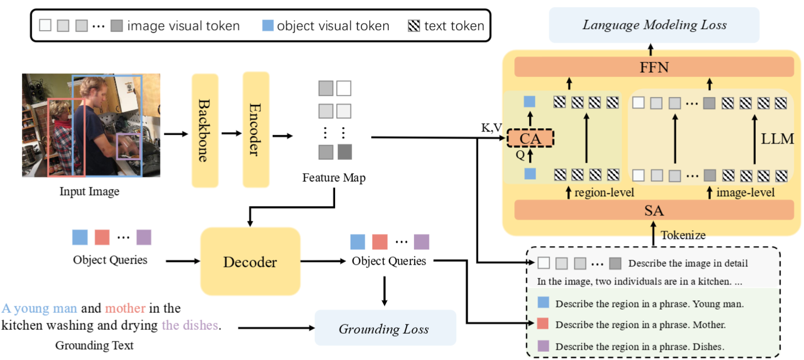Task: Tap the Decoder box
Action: (x=250, y=262)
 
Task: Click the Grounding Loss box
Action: (x=384, y=329)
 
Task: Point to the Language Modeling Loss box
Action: (x=654, y=25)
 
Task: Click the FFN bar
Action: (x=654, y=68)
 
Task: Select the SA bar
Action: (x=654, y=210)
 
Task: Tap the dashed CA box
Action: (x=530, y=139)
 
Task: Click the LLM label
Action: (x=777, y=139)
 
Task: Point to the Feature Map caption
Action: (x=334, y=178)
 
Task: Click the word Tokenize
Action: (x=683, y=235)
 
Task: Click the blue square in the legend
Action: (x=268, y=25)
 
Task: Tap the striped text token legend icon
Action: (x=414, y=25)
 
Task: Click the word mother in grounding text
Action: (x=125, y=308)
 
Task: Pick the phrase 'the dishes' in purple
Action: (x=189, y=325)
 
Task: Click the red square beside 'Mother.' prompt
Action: (x=543, y=324)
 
